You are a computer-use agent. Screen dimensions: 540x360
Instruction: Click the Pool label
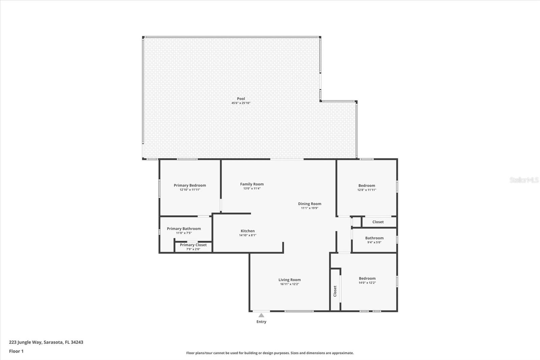pyautogui.click(x=241, y=99)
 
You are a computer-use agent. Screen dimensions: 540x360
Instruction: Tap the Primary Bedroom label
pyautogui.click(x=190, y=185)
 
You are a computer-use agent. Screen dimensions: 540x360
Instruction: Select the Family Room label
pyautogui.click(x=252, y=184)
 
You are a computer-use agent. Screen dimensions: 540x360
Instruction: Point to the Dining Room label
pyautogui.click(x=309, y=204)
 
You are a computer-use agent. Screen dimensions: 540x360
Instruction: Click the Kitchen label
pyautogui.click(x=248, y=231)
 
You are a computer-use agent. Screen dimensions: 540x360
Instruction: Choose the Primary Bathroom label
pyautogui.click(x=184, y=229)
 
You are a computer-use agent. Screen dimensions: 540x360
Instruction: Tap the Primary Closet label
pyautogui.click(x=193, y=245)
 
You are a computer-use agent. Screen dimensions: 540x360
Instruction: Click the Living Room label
pyautogui.click(x=290, y=280)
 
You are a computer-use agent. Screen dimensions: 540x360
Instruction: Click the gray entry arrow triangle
pyautogui.click(x=261, y=315)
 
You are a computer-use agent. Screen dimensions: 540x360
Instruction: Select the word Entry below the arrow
pyautogui.click(x=261, y=322)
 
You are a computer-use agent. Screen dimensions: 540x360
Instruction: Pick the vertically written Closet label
pyautogui.click(x=335, y=291)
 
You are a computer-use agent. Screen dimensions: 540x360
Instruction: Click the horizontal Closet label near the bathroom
pyautogui.click(x=378, y=222)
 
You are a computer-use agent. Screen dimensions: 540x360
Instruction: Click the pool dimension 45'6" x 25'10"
pyautogui.click(x=241, y=103)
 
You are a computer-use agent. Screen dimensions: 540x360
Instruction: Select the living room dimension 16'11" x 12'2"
pyautogui.click(x=290, y=284)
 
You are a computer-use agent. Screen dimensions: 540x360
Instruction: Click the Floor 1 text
pyautogui.click(x=17, y=351)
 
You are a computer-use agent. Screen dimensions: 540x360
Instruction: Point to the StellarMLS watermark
pyautogui.click(x=524, y=180)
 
